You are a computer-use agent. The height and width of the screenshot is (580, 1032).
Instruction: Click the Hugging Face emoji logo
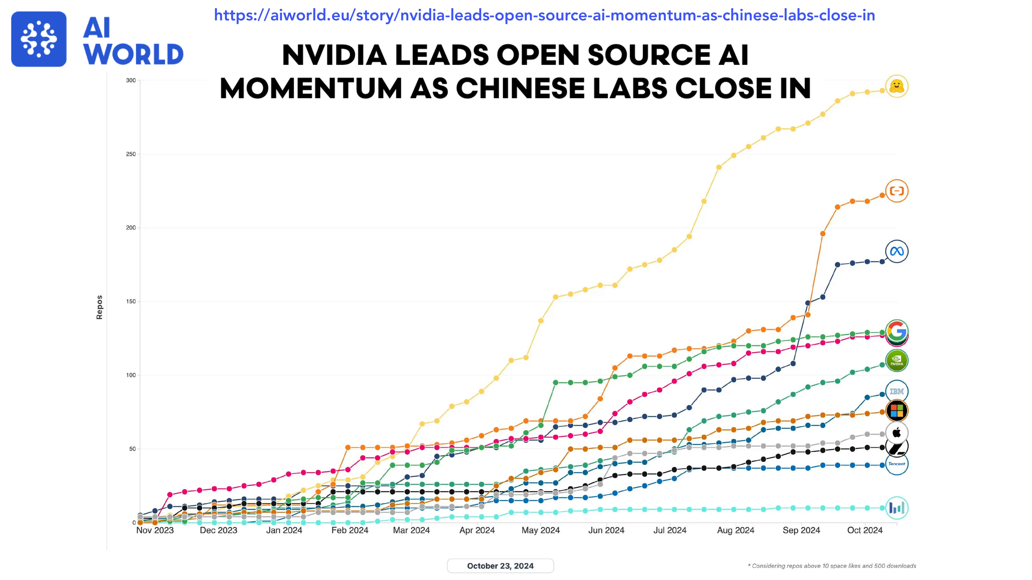(x=897, y=86)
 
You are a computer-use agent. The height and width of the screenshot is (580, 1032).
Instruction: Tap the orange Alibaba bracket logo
(x=897, y=191)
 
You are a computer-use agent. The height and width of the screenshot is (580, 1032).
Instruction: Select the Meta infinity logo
(x=897, y=251)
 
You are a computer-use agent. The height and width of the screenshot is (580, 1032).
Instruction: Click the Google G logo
(x=897, y=331)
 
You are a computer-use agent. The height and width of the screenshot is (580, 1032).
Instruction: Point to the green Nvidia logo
(x=897, y=361)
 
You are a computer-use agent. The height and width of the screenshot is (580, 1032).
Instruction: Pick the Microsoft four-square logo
(x=897, y=411)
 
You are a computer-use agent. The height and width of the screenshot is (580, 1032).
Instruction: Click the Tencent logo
(x=897, y=464)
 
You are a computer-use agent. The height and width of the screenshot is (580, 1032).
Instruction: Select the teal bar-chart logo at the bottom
(x=897, y=508)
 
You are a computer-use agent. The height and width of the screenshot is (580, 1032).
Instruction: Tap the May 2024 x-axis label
(x=541, y=530)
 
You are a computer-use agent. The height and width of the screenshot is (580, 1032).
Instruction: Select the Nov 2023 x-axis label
(x=155, y=530)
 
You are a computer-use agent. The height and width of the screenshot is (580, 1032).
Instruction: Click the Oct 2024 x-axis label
(x=865, y=530)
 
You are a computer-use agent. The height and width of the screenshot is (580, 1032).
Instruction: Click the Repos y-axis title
(x=99, y=308)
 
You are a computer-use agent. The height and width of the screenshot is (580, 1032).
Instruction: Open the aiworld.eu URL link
(x=544, y=15)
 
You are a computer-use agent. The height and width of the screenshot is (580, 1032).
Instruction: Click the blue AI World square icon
(x=39, y=39)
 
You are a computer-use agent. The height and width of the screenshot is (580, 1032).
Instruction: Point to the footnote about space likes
(x=832, y=566)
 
